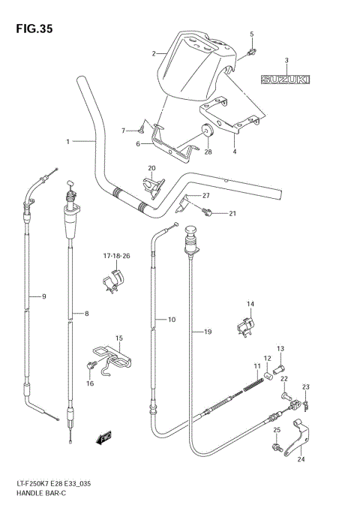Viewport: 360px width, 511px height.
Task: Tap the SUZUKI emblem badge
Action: [x=286, y=78]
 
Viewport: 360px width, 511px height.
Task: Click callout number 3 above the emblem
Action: [x=286, y=61]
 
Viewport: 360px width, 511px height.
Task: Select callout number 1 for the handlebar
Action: [x=67, y=141]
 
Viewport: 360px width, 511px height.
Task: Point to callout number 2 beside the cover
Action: [x=153, y=54]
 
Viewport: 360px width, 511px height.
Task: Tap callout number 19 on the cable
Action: [x=208, y=331]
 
